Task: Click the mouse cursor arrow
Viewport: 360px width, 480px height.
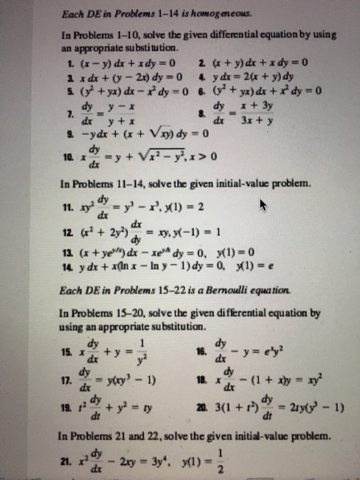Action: pos(263,204)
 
